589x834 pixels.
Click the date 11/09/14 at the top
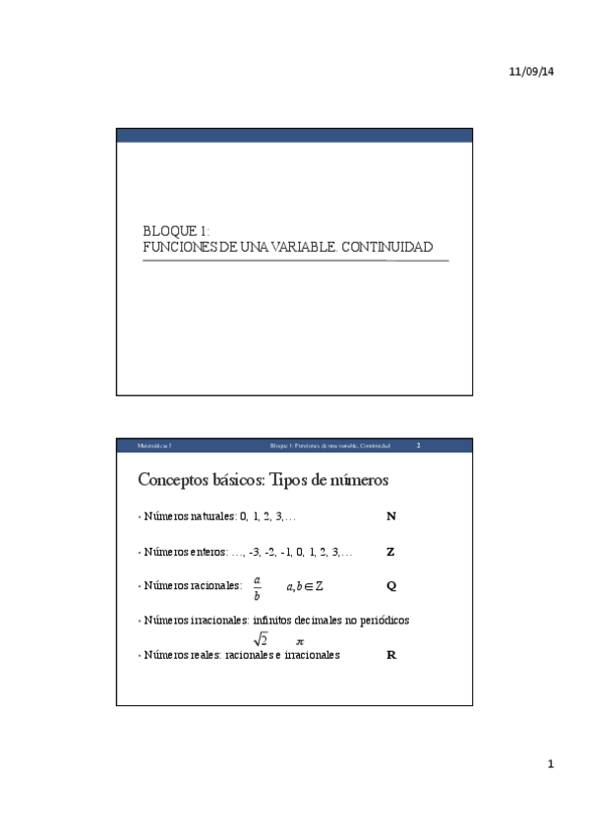coord(532,74)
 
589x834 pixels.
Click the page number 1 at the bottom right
coord(551,764)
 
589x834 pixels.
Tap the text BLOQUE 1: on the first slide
coord(169,231)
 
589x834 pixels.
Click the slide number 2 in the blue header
coord(418,446)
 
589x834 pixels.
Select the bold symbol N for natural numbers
coord(391,515)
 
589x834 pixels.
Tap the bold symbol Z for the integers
coord(390,552)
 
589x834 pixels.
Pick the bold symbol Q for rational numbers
coord(391,586)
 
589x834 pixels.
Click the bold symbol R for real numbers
coord(391,654)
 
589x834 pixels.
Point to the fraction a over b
coord(257,587)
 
